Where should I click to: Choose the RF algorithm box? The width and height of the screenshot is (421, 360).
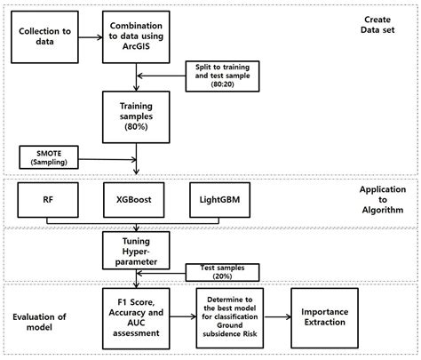coord(46,201)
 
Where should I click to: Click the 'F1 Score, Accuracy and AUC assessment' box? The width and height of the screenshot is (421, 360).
coord(136,316)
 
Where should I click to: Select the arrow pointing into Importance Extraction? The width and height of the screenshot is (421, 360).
coord(280,316)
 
